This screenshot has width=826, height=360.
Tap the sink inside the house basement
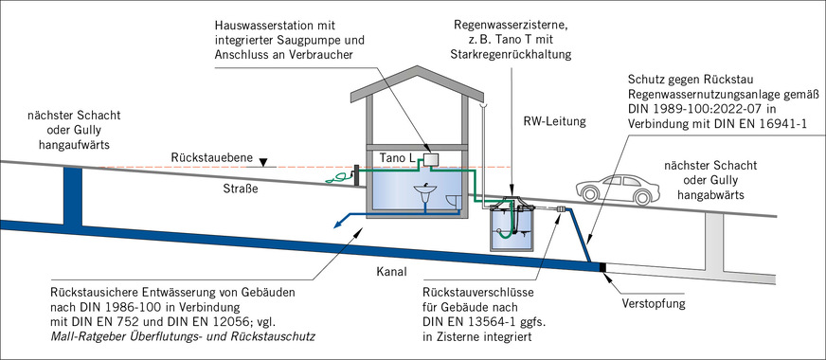point(426,196)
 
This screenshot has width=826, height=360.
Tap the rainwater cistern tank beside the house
point(512,228)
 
